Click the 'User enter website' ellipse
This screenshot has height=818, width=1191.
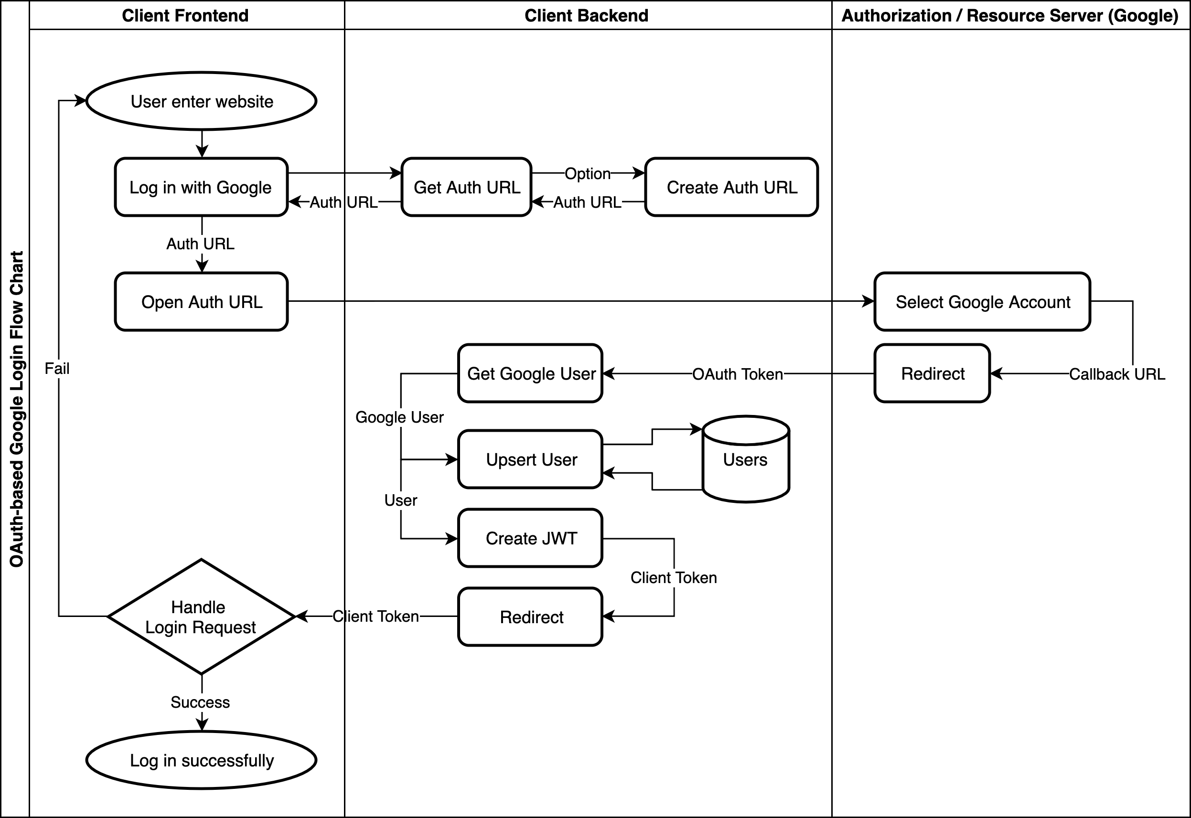201,101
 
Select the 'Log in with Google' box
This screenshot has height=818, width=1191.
201,187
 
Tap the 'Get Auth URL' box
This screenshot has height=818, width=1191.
466,187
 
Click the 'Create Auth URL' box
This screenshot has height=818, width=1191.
731,187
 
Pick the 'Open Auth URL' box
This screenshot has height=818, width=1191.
201,302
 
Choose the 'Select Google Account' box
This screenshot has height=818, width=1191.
982,302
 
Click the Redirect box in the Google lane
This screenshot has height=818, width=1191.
932,373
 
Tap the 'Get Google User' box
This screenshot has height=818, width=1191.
530,373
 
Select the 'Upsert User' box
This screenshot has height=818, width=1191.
530,460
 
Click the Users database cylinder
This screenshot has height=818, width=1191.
745,460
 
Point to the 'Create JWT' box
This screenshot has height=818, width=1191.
530,538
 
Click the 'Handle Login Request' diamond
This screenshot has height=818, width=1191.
201,616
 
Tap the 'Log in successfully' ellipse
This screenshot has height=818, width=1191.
201,760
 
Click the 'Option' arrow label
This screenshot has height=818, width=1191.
588,174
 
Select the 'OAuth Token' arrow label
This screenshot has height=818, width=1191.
737,374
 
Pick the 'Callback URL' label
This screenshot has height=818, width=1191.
1116,374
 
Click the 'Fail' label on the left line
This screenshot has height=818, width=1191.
57,369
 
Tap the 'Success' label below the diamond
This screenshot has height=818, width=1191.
200,702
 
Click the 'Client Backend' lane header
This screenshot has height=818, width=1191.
587,15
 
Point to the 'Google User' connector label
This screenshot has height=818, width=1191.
399,417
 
